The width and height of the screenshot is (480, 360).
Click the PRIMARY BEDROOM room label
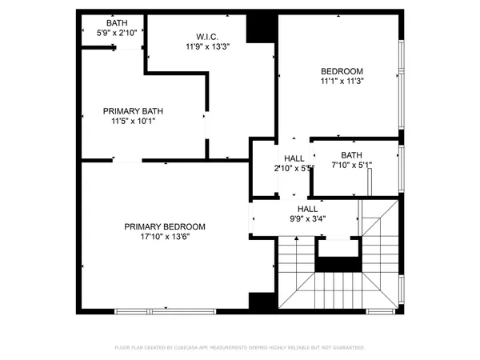click(165, 226)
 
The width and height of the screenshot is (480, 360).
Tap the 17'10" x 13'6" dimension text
click(165, 236)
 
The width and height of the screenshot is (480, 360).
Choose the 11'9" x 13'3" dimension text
click(207, 46)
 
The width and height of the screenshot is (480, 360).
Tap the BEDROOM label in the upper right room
click(342, 70)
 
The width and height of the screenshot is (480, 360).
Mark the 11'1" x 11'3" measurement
click(342, 81)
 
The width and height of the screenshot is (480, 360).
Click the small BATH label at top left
click(116, 22)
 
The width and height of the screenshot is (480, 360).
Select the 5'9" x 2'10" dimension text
click(116, 33)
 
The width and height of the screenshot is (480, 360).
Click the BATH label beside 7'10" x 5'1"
click(351, 155)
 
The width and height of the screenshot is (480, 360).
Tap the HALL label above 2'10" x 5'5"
click(294, 158)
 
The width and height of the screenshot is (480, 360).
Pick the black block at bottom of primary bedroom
click(261, 302)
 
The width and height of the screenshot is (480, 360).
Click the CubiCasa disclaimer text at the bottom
click(239, 348)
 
